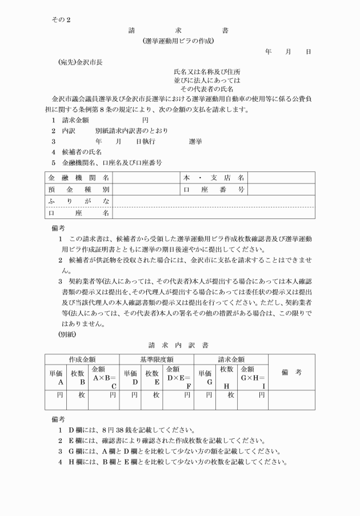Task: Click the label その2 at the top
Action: click(x=61, y=20)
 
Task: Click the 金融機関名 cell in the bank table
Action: click(x=79, y=178)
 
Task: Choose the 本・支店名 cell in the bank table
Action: click(x=214, y=178)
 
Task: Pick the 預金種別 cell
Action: click(x=79, y=189)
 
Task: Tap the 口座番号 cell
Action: click(x=214, y=189)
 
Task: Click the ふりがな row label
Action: click(x=79, y=201)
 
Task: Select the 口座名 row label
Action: click(x=79, y=213)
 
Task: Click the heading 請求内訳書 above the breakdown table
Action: click(x=179, y=345)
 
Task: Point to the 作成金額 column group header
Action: click(x=82, y=359)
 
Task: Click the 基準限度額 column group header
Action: click(x=157, y=359)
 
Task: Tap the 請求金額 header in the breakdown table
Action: click(x=231, y=359)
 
